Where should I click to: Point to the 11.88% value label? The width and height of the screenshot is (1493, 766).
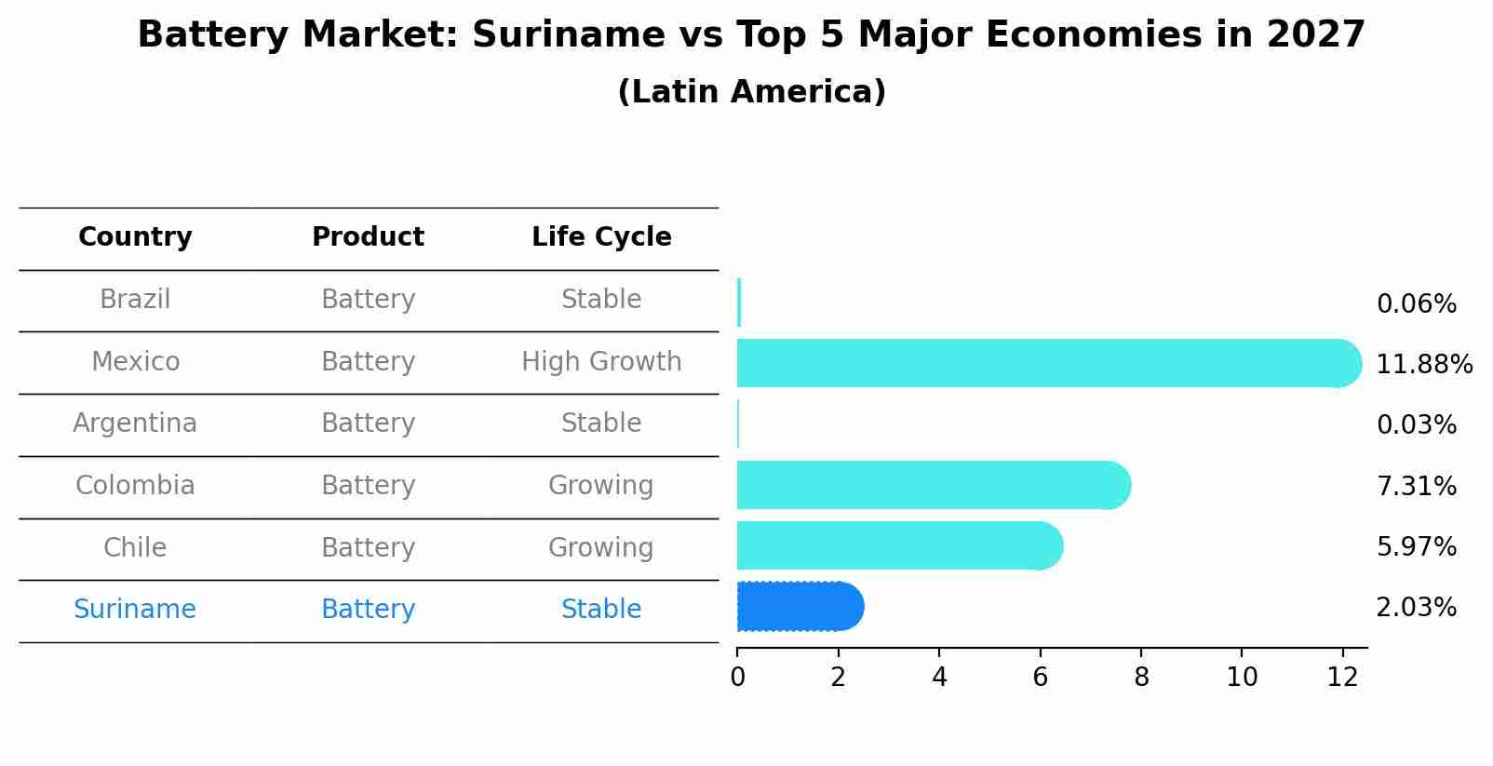coord(1423,364)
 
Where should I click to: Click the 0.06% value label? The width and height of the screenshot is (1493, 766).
coord(1416,303)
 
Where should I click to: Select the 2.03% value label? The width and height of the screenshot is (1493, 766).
coord(1416,607)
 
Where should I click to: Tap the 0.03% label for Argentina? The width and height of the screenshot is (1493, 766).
coord(1416,424)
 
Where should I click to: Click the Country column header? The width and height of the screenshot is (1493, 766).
coord(135,237)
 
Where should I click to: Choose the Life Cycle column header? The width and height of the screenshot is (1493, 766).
coord(601,237)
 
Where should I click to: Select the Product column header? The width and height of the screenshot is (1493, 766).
coord(368,237)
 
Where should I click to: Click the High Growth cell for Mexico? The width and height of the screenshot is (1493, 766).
coord(601,361)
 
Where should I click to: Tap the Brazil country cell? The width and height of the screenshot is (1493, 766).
coord(135,299)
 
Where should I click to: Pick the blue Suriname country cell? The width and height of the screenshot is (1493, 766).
coord(135,609)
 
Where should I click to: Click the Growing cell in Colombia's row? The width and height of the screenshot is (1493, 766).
coord(601,485)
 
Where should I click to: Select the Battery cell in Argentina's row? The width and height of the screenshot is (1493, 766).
coord(368,423)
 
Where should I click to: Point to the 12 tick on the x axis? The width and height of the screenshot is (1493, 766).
coord(1342,677)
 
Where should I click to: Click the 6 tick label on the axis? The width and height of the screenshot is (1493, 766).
coord(1040,677)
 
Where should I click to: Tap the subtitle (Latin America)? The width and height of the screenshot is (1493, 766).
coord(751,91)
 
